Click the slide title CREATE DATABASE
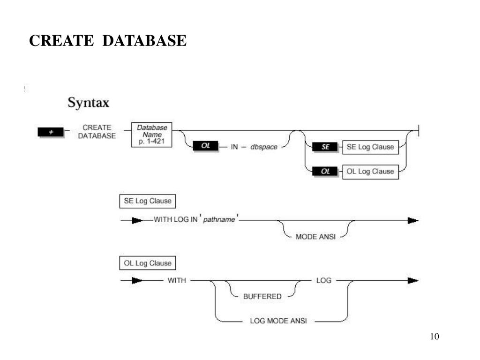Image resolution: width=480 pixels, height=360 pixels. pos(108,41)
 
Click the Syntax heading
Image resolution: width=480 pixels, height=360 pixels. pos(88,102)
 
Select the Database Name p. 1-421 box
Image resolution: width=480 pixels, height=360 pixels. pos(152,135)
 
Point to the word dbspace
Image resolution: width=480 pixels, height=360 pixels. pos(264,147)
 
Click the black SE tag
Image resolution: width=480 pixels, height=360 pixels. pos(325,147)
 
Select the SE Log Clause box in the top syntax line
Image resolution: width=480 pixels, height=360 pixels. pos(370,147)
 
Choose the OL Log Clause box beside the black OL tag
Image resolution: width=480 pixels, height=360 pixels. pos(370,172)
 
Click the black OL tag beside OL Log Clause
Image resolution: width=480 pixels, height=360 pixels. pos(325,172)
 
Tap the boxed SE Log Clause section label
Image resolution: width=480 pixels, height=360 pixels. pos(148,202)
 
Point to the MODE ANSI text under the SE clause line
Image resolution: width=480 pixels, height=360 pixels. pos(315,237)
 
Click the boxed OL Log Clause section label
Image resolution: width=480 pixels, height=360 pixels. pos(148,263)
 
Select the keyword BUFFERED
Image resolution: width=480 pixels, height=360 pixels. pos(262,296)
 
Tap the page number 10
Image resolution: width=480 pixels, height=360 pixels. pos(434,337)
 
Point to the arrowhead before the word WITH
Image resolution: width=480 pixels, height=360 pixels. pos(137,281)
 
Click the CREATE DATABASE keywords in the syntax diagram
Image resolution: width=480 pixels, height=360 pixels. pos(97,132)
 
